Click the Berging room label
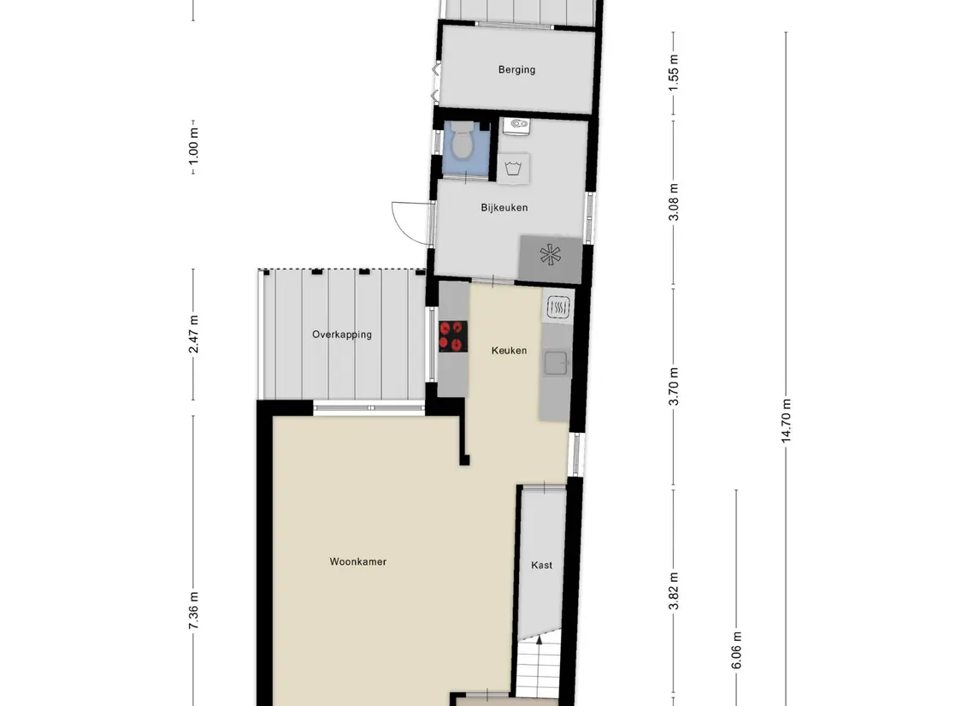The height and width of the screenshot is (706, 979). pos(516,69)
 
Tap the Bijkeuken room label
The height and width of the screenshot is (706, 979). pos(504,208)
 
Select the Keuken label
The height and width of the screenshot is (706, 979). pos(509,351)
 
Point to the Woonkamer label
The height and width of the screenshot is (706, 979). pos(358,562)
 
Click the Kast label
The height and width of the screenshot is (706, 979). pos(541,566)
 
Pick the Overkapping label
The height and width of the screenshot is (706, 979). pos(342,335)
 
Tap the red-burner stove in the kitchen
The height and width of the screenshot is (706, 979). pos(452,335)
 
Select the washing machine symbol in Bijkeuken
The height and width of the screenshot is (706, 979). pos(513,167)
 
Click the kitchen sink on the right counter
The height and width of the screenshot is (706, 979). pos(556,364)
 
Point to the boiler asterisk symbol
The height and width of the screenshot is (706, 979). pos(550,255)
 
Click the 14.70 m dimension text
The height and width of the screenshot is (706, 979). pos(786,419)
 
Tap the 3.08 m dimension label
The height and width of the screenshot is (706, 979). pos(674,202)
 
